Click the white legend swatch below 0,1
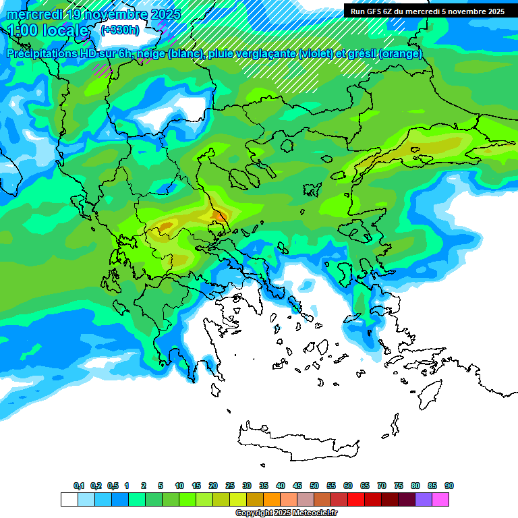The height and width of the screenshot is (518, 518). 69,500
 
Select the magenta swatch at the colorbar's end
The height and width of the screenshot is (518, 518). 440,500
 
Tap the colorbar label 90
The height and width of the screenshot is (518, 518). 449,486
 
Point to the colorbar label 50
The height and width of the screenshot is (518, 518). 314,486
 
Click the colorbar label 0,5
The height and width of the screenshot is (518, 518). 113,486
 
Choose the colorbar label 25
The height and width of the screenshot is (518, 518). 230,486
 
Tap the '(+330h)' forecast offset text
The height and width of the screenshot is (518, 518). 119,30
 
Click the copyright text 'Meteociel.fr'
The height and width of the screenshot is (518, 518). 311,513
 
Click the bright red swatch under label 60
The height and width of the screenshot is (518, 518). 356,500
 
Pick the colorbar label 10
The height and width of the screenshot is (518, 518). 179,486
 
